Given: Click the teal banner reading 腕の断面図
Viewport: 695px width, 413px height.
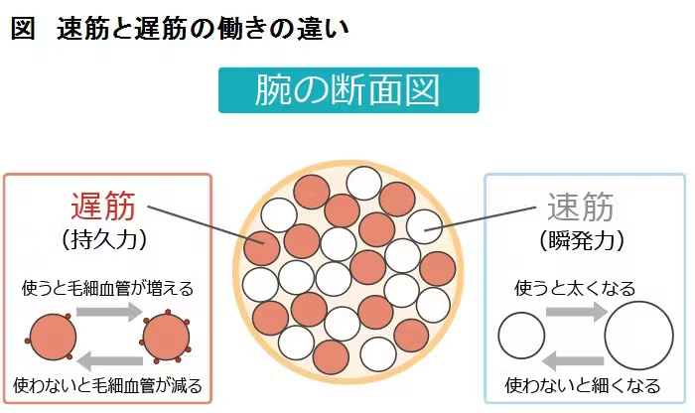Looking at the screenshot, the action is tap(348, 90).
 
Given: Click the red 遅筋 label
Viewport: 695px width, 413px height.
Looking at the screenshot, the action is tap(103, 206).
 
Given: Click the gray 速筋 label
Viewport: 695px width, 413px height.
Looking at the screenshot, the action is tap(581, 206).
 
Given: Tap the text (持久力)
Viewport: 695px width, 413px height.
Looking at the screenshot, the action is tap(103, 239).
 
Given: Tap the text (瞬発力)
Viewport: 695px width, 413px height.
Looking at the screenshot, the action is tap(582, 240).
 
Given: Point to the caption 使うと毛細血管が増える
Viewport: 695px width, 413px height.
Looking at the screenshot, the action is tap(107, 289).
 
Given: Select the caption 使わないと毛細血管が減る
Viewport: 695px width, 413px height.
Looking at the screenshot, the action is tap(107, 385).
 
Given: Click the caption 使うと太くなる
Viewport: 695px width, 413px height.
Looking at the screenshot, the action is tap(575, 289).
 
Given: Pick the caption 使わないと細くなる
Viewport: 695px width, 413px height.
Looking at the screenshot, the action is tap(583, 385).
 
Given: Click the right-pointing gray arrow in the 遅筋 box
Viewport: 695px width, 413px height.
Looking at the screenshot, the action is tap(109, 311).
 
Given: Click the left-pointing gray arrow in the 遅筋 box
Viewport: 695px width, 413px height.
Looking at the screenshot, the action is tap(110, 360).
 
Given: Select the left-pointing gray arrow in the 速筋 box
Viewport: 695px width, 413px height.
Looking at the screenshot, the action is tap(573, 360).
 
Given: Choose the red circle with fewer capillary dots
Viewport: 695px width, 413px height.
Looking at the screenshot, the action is tap(52, 337).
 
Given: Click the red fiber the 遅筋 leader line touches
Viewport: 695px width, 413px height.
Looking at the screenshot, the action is tap(261, 248).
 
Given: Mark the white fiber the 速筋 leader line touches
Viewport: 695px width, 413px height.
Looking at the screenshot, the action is tap(424, 226).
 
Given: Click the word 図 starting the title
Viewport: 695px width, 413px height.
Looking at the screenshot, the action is tap(23, 29).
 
